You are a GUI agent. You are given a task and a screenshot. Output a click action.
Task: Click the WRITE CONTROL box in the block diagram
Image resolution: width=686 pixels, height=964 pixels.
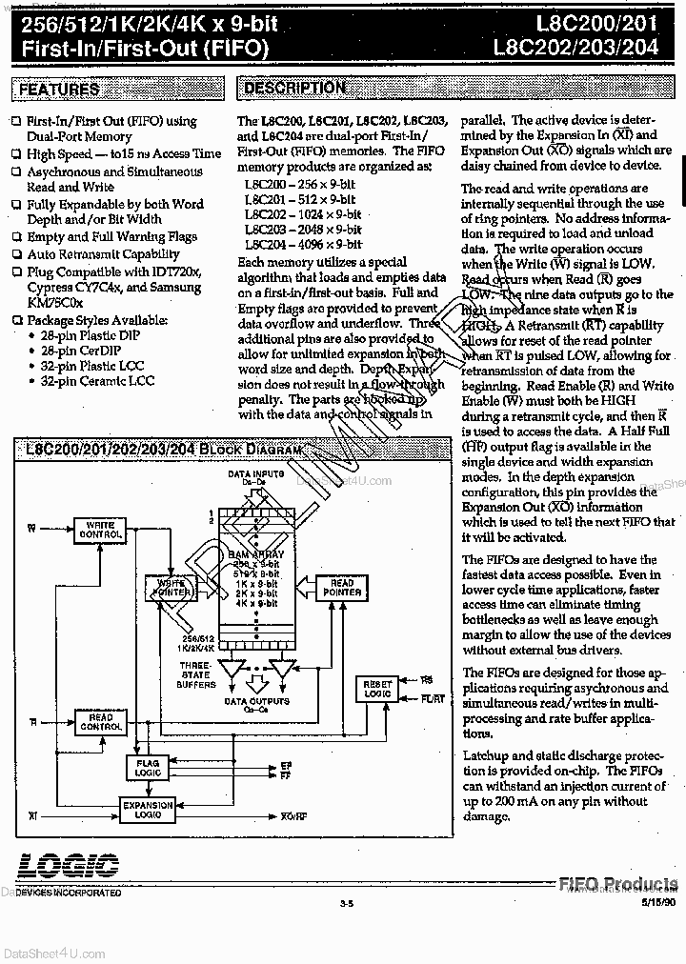click(x=100, y=531)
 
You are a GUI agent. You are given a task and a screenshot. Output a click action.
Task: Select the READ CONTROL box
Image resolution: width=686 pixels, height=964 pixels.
click(x=100, y=723)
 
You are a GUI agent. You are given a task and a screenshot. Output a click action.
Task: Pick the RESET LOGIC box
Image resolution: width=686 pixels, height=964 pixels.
click(x=377, y=689)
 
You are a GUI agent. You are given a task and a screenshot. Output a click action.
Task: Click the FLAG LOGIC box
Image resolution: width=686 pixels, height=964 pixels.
click(x=148, y=768)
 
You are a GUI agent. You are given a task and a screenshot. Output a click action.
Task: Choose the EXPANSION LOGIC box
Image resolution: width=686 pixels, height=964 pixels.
click(x=148, y=811)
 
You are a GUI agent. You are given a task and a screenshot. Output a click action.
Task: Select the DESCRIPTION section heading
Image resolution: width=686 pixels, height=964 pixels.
click(x=294, y=89)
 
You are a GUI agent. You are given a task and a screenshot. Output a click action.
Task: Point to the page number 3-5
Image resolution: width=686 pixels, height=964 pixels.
click(x=345, y=904)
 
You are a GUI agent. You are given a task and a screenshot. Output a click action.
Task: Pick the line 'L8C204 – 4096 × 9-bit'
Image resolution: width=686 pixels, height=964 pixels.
click(x=302, y=244)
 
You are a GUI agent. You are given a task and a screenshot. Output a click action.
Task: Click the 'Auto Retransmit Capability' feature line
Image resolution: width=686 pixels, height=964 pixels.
click(x=103, y=254)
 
